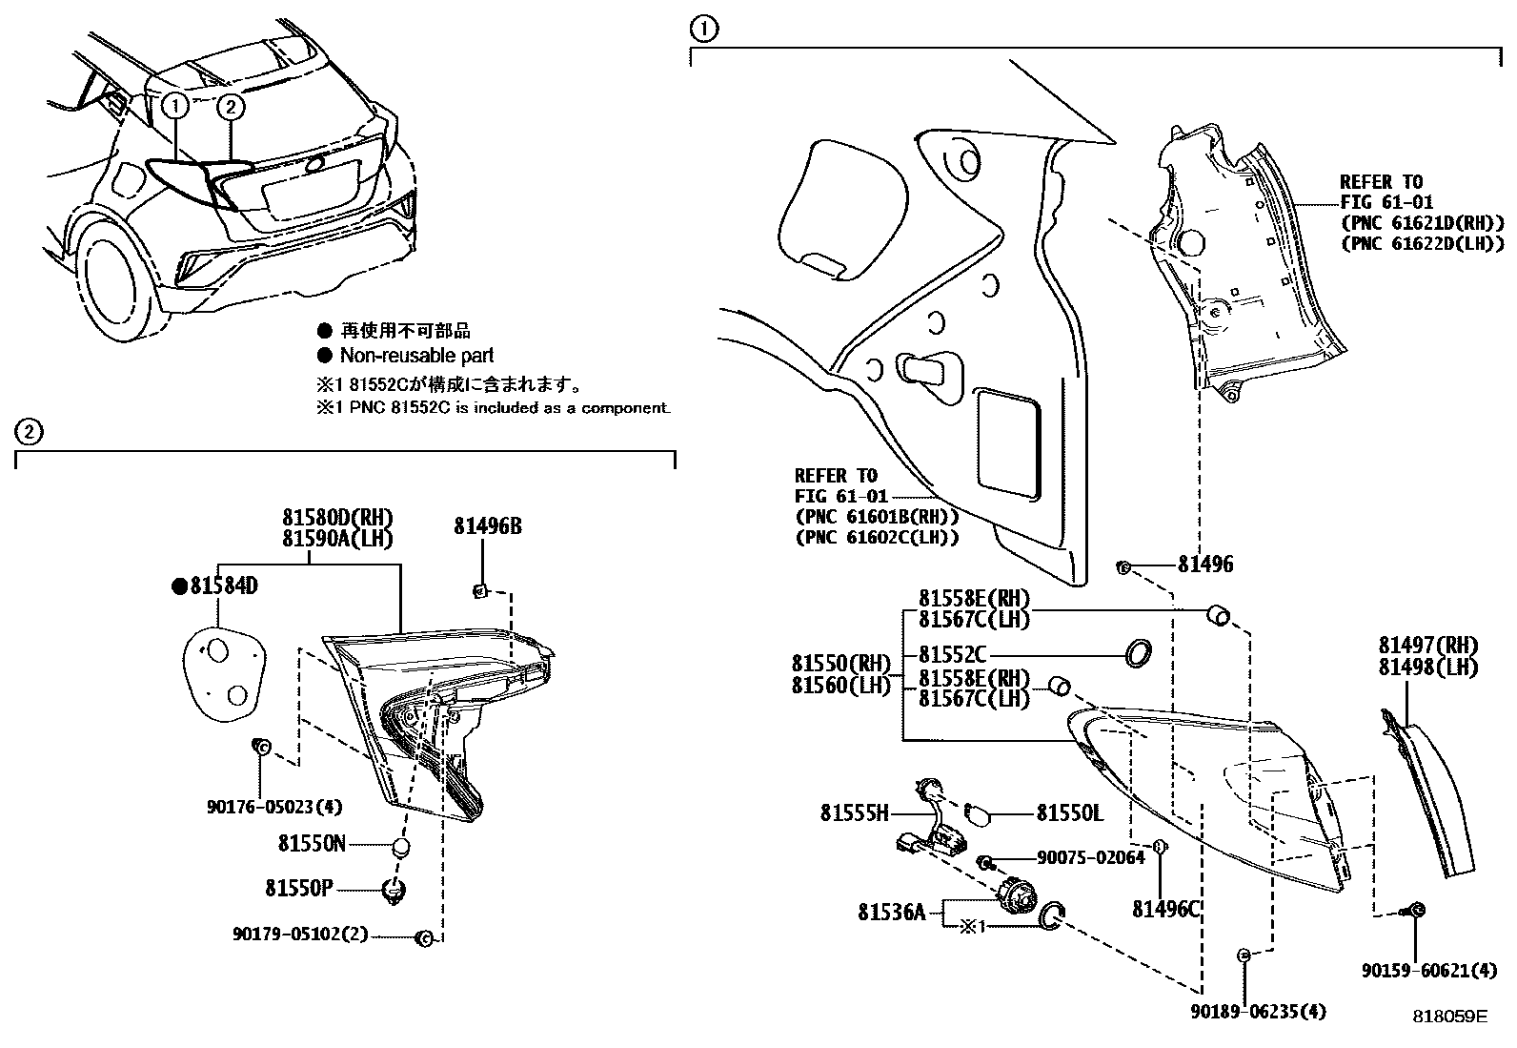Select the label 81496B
tap(487, 527)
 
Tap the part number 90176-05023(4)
tap(273, 807)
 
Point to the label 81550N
tap(313, 844)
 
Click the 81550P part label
tap(298, 889)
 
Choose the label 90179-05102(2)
tap(299, 935)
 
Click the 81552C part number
tap(952, 655)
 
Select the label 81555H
tap(854, 813)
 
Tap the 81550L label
tap(1069, 813)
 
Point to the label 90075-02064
tap(1089, 858)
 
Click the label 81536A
tap(891, 913)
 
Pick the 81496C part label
tap(1165, 910)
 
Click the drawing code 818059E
tap(1449, 1017)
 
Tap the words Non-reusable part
tap(416, 356)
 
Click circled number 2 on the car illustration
tap(231, 107)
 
